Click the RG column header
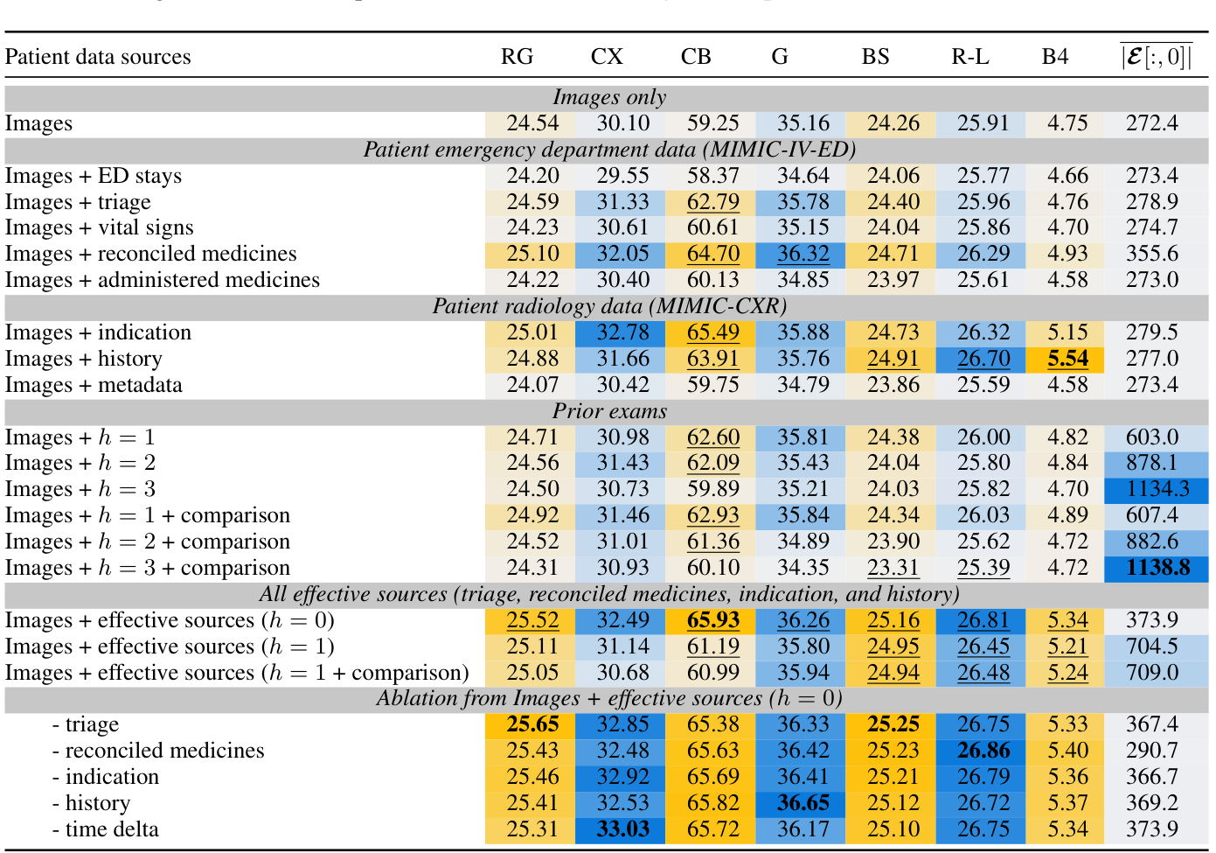(x=517, y=57)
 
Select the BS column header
(x=875, y=57)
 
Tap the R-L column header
(x=970, y=57)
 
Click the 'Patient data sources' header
(x=98, y=57)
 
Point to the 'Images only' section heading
(x=609, y=97)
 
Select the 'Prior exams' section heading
(x=609, y=411)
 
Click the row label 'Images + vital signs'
(x=100, y=227)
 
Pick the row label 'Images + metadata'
(x=94, y=385)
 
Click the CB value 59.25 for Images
(x=712, y=123)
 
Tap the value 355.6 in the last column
(x=1152, y=254)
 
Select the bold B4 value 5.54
(x=1067, y=359)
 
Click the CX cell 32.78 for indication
(x=622, y=332)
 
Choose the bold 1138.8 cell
(x=1157, y=568)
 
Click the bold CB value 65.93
(x=712, y=620)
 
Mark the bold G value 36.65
(x=803, y=803)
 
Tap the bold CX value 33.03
(x=622, y=829)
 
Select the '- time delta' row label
(x=105, y=829)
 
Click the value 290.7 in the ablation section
(x=1152, y=751)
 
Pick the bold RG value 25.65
(x=532, y=724)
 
